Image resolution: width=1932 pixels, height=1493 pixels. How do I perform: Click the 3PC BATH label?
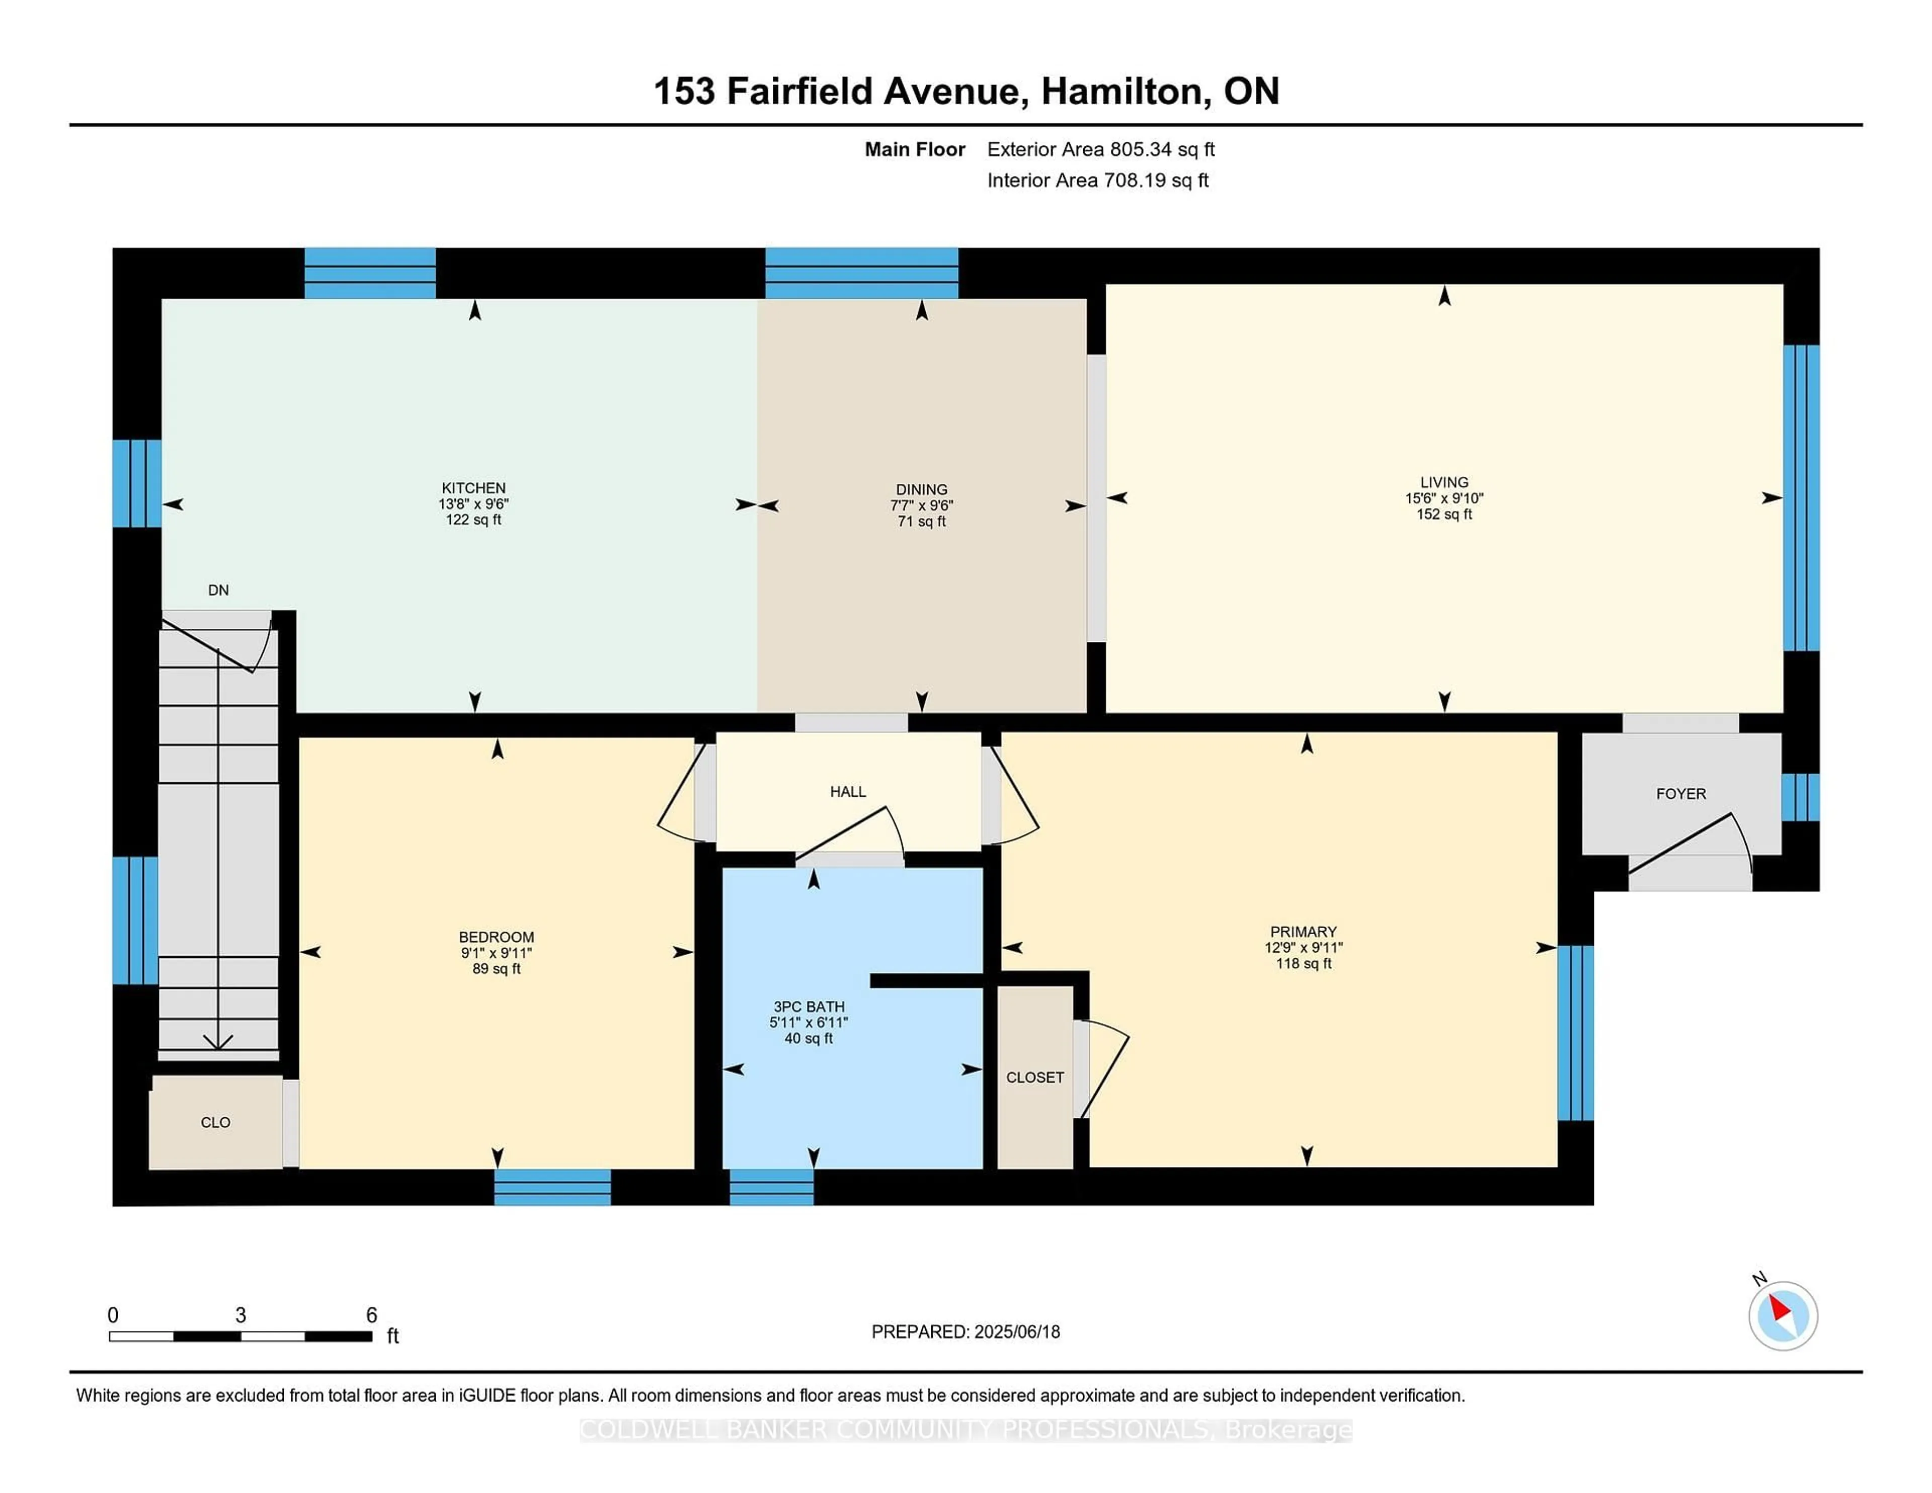tap(809, 1007)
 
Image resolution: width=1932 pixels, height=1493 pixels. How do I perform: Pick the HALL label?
tap(847, 792)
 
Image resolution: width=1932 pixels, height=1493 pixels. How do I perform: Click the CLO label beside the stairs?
tap(215, 1122)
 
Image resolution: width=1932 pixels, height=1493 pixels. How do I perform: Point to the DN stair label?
tap(218, 590)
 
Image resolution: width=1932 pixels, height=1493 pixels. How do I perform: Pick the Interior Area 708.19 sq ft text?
tap(1098, 181)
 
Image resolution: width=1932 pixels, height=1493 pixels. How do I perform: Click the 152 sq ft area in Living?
tap(1443, 515)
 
